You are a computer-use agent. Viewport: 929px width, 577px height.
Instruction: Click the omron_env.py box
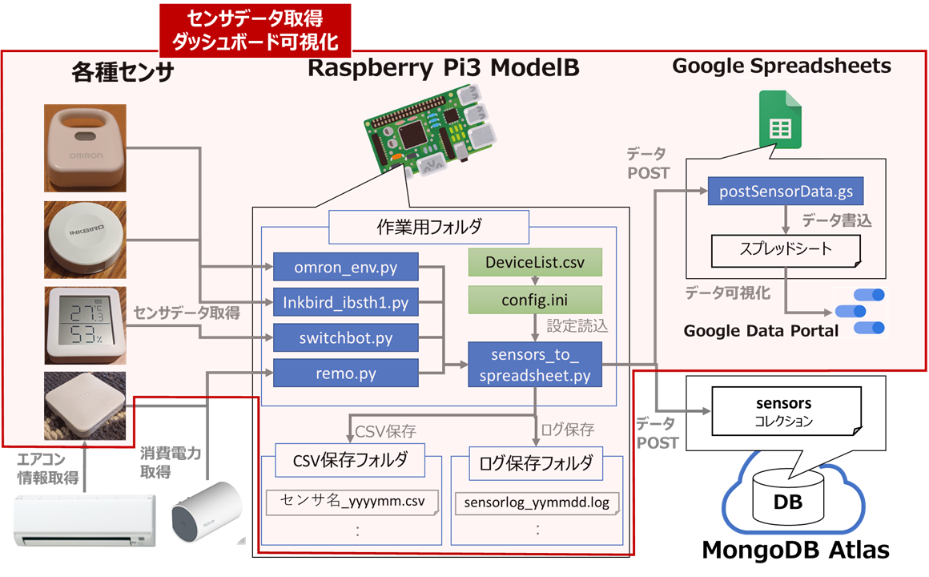tap(346, 266)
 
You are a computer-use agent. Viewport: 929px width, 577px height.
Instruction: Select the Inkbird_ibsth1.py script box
tap(346, 302)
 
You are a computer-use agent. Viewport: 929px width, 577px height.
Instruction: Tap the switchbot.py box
tap(346, 337)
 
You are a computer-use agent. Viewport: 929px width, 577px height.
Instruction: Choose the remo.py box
tap(346, 373)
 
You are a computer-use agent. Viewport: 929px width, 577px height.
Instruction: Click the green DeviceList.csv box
tap(534, 262)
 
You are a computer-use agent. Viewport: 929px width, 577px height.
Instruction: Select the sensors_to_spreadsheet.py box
tap(534, 365)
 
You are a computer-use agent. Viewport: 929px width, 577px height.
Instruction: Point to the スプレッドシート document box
tap(786, 249)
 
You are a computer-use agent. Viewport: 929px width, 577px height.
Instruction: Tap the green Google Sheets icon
tap(780, 119)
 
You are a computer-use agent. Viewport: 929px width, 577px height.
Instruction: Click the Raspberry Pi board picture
tap(430, 136)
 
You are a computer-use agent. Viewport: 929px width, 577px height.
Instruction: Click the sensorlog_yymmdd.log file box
tap(537, 503)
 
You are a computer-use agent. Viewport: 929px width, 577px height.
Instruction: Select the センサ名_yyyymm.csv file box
tap(352, 502)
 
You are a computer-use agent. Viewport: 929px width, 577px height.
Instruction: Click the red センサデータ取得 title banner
tap(255, 28)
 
